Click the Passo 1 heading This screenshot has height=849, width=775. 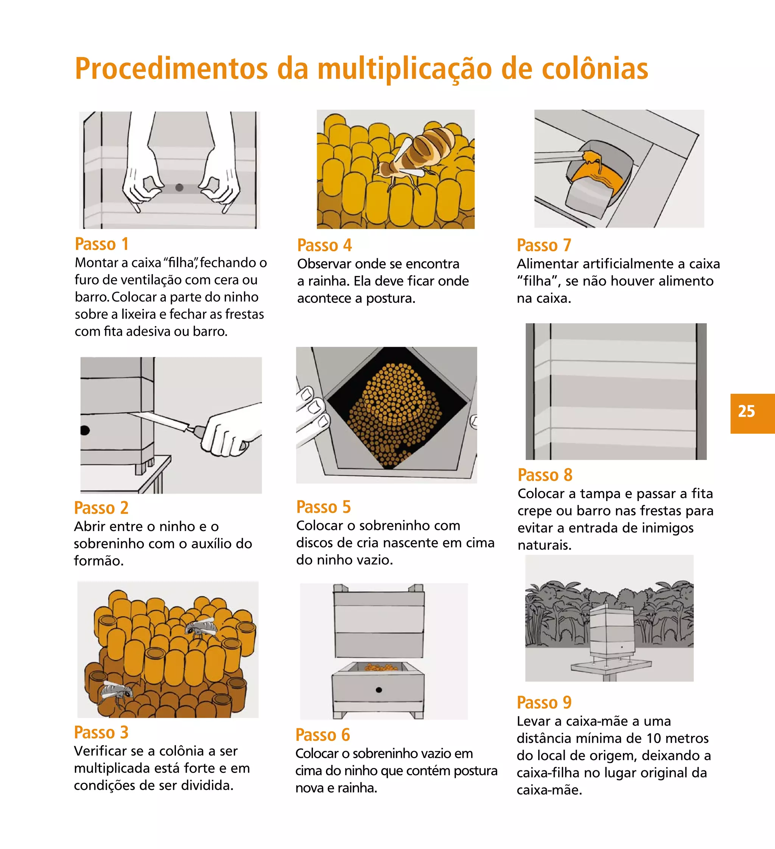[101, 244]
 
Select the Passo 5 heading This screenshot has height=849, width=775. [323, 506]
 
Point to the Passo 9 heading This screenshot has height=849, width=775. [544, 703]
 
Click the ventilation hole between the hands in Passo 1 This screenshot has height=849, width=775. [179, 188]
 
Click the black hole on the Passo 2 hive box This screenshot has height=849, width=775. [85, 430]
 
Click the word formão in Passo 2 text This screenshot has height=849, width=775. [98, 561]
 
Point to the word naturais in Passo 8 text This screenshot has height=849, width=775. [544, 545]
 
